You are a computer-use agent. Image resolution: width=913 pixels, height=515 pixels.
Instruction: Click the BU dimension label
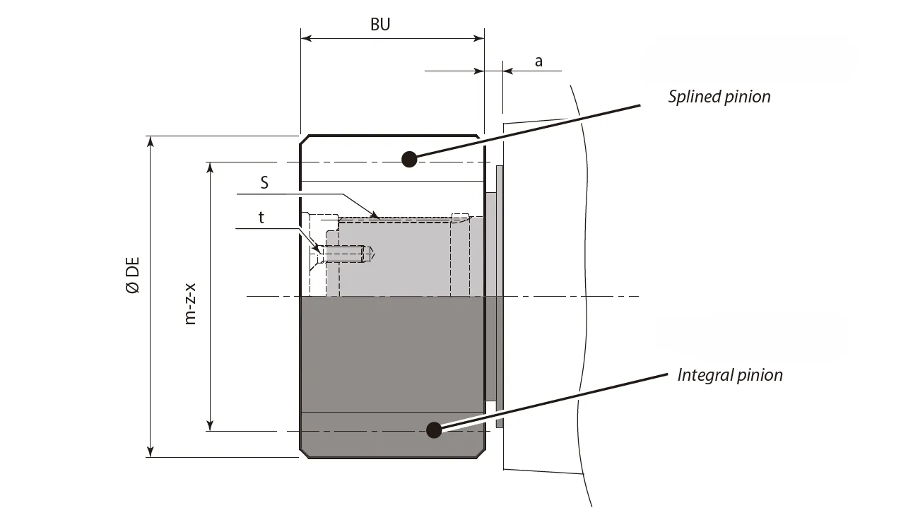[x=380, y=25]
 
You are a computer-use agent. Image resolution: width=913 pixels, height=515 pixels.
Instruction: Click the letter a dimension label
[x=538, y=61]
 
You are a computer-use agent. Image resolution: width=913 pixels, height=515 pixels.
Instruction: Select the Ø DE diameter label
[x=132, y=276]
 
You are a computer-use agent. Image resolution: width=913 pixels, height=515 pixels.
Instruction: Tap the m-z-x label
[x=190, y=304]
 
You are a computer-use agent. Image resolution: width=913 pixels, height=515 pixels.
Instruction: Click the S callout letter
[x=264, y=183]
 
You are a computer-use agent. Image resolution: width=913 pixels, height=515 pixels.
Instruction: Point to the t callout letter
[x=261, y=218]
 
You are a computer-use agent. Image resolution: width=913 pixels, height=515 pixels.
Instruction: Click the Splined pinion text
[x=719, y=97]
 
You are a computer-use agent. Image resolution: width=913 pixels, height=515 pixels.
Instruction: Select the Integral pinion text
[x=729, y=374]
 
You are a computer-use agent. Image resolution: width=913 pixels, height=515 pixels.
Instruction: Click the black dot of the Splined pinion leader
[x=408, y=159]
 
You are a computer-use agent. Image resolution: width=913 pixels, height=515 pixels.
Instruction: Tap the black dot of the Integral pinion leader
[x=434, y=430]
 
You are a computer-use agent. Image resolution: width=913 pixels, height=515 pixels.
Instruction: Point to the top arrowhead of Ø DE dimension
[x=151, y=141]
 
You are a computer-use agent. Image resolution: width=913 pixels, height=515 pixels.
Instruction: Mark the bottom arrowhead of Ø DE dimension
[x=151, y=451]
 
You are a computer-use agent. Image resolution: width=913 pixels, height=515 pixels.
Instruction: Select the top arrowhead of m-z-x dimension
[x=210, y=167]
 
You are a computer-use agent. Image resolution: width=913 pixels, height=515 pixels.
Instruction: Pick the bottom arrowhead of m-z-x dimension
[x=210, y=425]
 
